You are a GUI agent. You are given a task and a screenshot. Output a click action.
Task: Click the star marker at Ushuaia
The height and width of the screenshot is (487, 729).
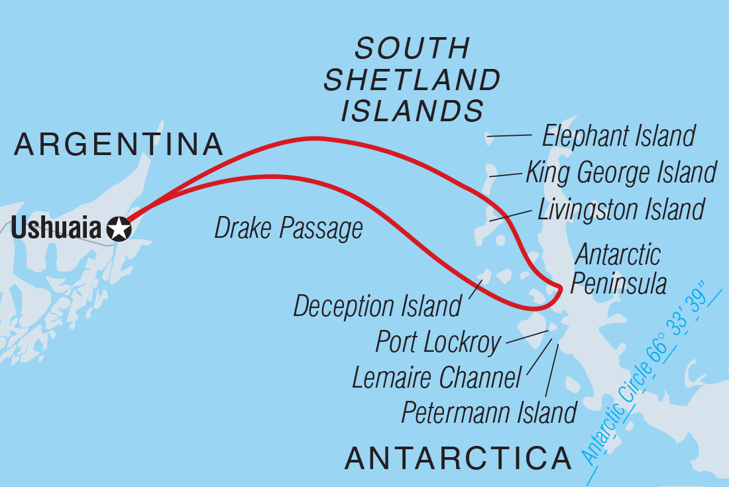point(119,229)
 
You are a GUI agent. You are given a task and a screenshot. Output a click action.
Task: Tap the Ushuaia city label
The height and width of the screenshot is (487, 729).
point(58,229)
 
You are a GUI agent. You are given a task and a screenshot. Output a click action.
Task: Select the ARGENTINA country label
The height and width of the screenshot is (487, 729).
point(119,144)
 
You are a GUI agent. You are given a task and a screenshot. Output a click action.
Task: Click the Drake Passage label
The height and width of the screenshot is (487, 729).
point(288,229)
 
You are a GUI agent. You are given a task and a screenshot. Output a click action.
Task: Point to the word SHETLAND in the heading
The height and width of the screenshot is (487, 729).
point(412,80)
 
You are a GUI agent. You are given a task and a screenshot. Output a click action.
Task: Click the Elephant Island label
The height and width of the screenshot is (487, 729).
point(618,136)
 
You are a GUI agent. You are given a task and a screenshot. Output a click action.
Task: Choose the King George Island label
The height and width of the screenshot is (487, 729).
point(621,172)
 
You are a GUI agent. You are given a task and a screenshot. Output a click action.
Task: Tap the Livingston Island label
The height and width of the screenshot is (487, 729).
point(620,209)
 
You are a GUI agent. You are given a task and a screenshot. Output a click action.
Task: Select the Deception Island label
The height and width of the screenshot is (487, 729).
point(377,306)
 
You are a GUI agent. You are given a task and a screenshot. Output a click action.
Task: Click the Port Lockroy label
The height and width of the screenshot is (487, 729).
point(438,342)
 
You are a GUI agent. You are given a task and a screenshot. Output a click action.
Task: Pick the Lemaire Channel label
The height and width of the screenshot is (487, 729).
point(437,378)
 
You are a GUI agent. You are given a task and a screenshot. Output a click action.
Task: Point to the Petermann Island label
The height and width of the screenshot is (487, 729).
point(489,412)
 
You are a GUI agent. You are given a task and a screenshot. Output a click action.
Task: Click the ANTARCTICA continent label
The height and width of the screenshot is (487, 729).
point(458,458)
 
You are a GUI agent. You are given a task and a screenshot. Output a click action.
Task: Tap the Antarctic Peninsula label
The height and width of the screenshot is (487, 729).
point(618,269)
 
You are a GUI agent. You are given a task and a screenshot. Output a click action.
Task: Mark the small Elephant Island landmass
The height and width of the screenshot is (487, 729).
point(489,138)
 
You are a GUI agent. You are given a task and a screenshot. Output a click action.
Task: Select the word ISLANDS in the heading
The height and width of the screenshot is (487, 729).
point(412,111)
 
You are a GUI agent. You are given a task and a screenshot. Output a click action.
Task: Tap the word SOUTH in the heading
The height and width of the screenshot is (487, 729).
point(412,49)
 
